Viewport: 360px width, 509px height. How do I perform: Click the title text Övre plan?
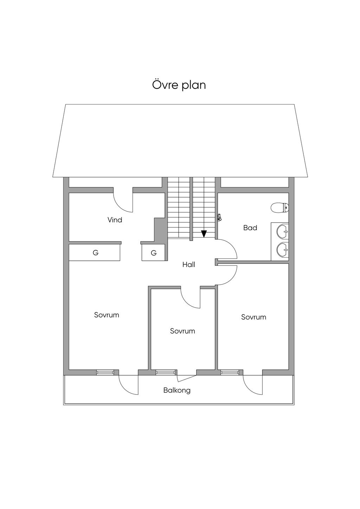[x=179, y=85]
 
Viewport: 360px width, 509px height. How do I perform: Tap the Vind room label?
[x=115, y=220]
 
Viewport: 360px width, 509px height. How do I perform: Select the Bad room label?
[x=250, y=228]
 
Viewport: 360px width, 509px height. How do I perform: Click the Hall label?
[x=189, y=264]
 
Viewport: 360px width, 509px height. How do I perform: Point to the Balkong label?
[x=177, y=391]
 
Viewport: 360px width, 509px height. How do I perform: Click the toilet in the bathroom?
[x=280, y=208]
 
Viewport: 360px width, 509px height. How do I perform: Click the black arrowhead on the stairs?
[x=204, y=234]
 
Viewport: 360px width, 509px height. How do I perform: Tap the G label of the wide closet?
[x=96, y=253]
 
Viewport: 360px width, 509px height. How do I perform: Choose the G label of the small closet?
[x=154, y=253]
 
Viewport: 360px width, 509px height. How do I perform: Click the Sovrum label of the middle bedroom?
[x=182, y=331]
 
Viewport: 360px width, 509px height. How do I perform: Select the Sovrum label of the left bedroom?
[x=107, y=315]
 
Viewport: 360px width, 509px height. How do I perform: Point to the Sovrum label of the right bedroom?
[x=253, y=317]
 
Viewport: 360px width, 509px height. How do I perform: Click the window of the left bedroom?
[x=105, y=372]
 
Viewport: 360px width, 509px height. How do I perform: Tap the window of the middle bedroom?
[x=166, y=372]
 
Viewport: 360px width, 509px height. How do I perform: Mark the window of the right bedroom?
[x=230, y=372]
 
